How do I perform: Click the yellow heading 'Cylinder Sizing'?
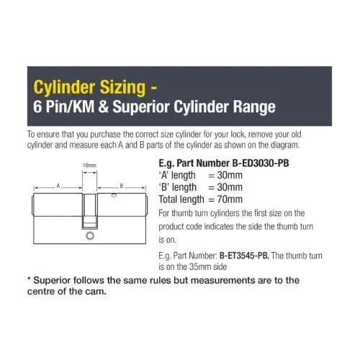click(89, 87)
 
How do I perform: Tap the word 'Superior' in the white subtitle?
click(141, 107)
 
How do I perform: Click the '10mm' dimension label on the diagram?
click(89, 166)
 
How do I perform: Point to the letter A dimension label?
click(58, 186)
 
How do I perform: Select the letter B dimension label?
click(122, 186)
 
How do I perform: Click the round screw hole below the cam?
click(90, 236)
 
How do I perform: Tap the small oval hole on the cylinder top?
click(114, 195)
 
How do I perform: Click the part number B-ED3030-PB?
click(261, 163)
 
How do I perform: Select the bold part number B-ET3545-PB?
click(244, 256)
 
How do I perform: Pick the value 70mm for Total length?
click(230, 199)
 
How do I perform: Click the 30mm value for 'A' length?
click(230, 175)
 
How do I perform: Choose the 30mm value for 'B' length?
click(230, 187)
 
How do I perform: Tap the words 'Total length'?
click(181, 199)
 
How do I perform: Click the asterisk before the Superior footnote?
click(29, 279)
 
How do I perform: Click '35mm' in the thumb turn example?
click(199, 266)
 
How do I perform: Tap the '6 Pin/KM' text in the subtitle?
click(64, 107)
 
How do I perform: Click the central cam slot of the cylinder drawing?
click(90, 211)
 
